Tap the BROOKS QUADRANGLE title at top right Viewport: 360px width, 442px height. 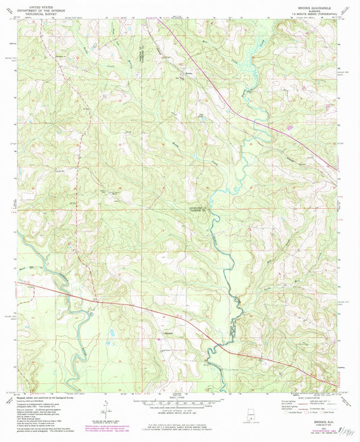coord(318,4)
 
